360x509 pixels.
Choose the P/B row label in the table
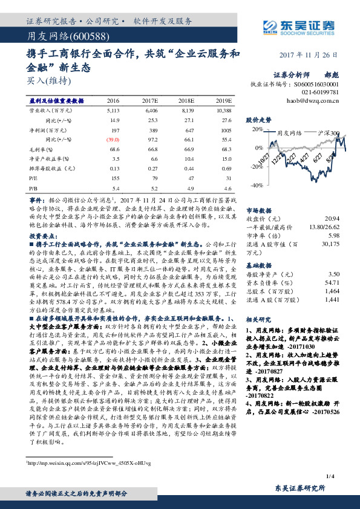coord(33,188)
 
